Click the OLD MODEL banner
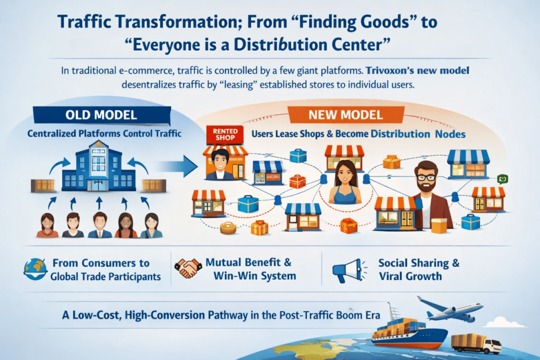coord(102,115)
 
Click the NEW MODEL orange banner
coord(346,114)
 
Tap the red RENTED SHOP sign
coord(225,134)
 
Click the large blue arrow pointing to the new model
coord(176,166)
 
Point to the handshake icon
coord(188,268)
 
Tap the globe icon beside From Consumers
coord(35,269)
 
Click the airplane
coord(449,308)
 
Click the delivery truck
coord(476,343)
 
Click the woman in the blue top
coord(345,182)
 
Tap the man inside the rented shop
coord(220,164)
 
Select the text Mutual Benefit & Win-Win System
coord(250,269)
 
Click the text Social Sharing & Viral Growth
coord(419,269)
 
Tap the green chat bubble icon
coord(503,179)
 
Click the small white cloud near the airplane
coord(504,323)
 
